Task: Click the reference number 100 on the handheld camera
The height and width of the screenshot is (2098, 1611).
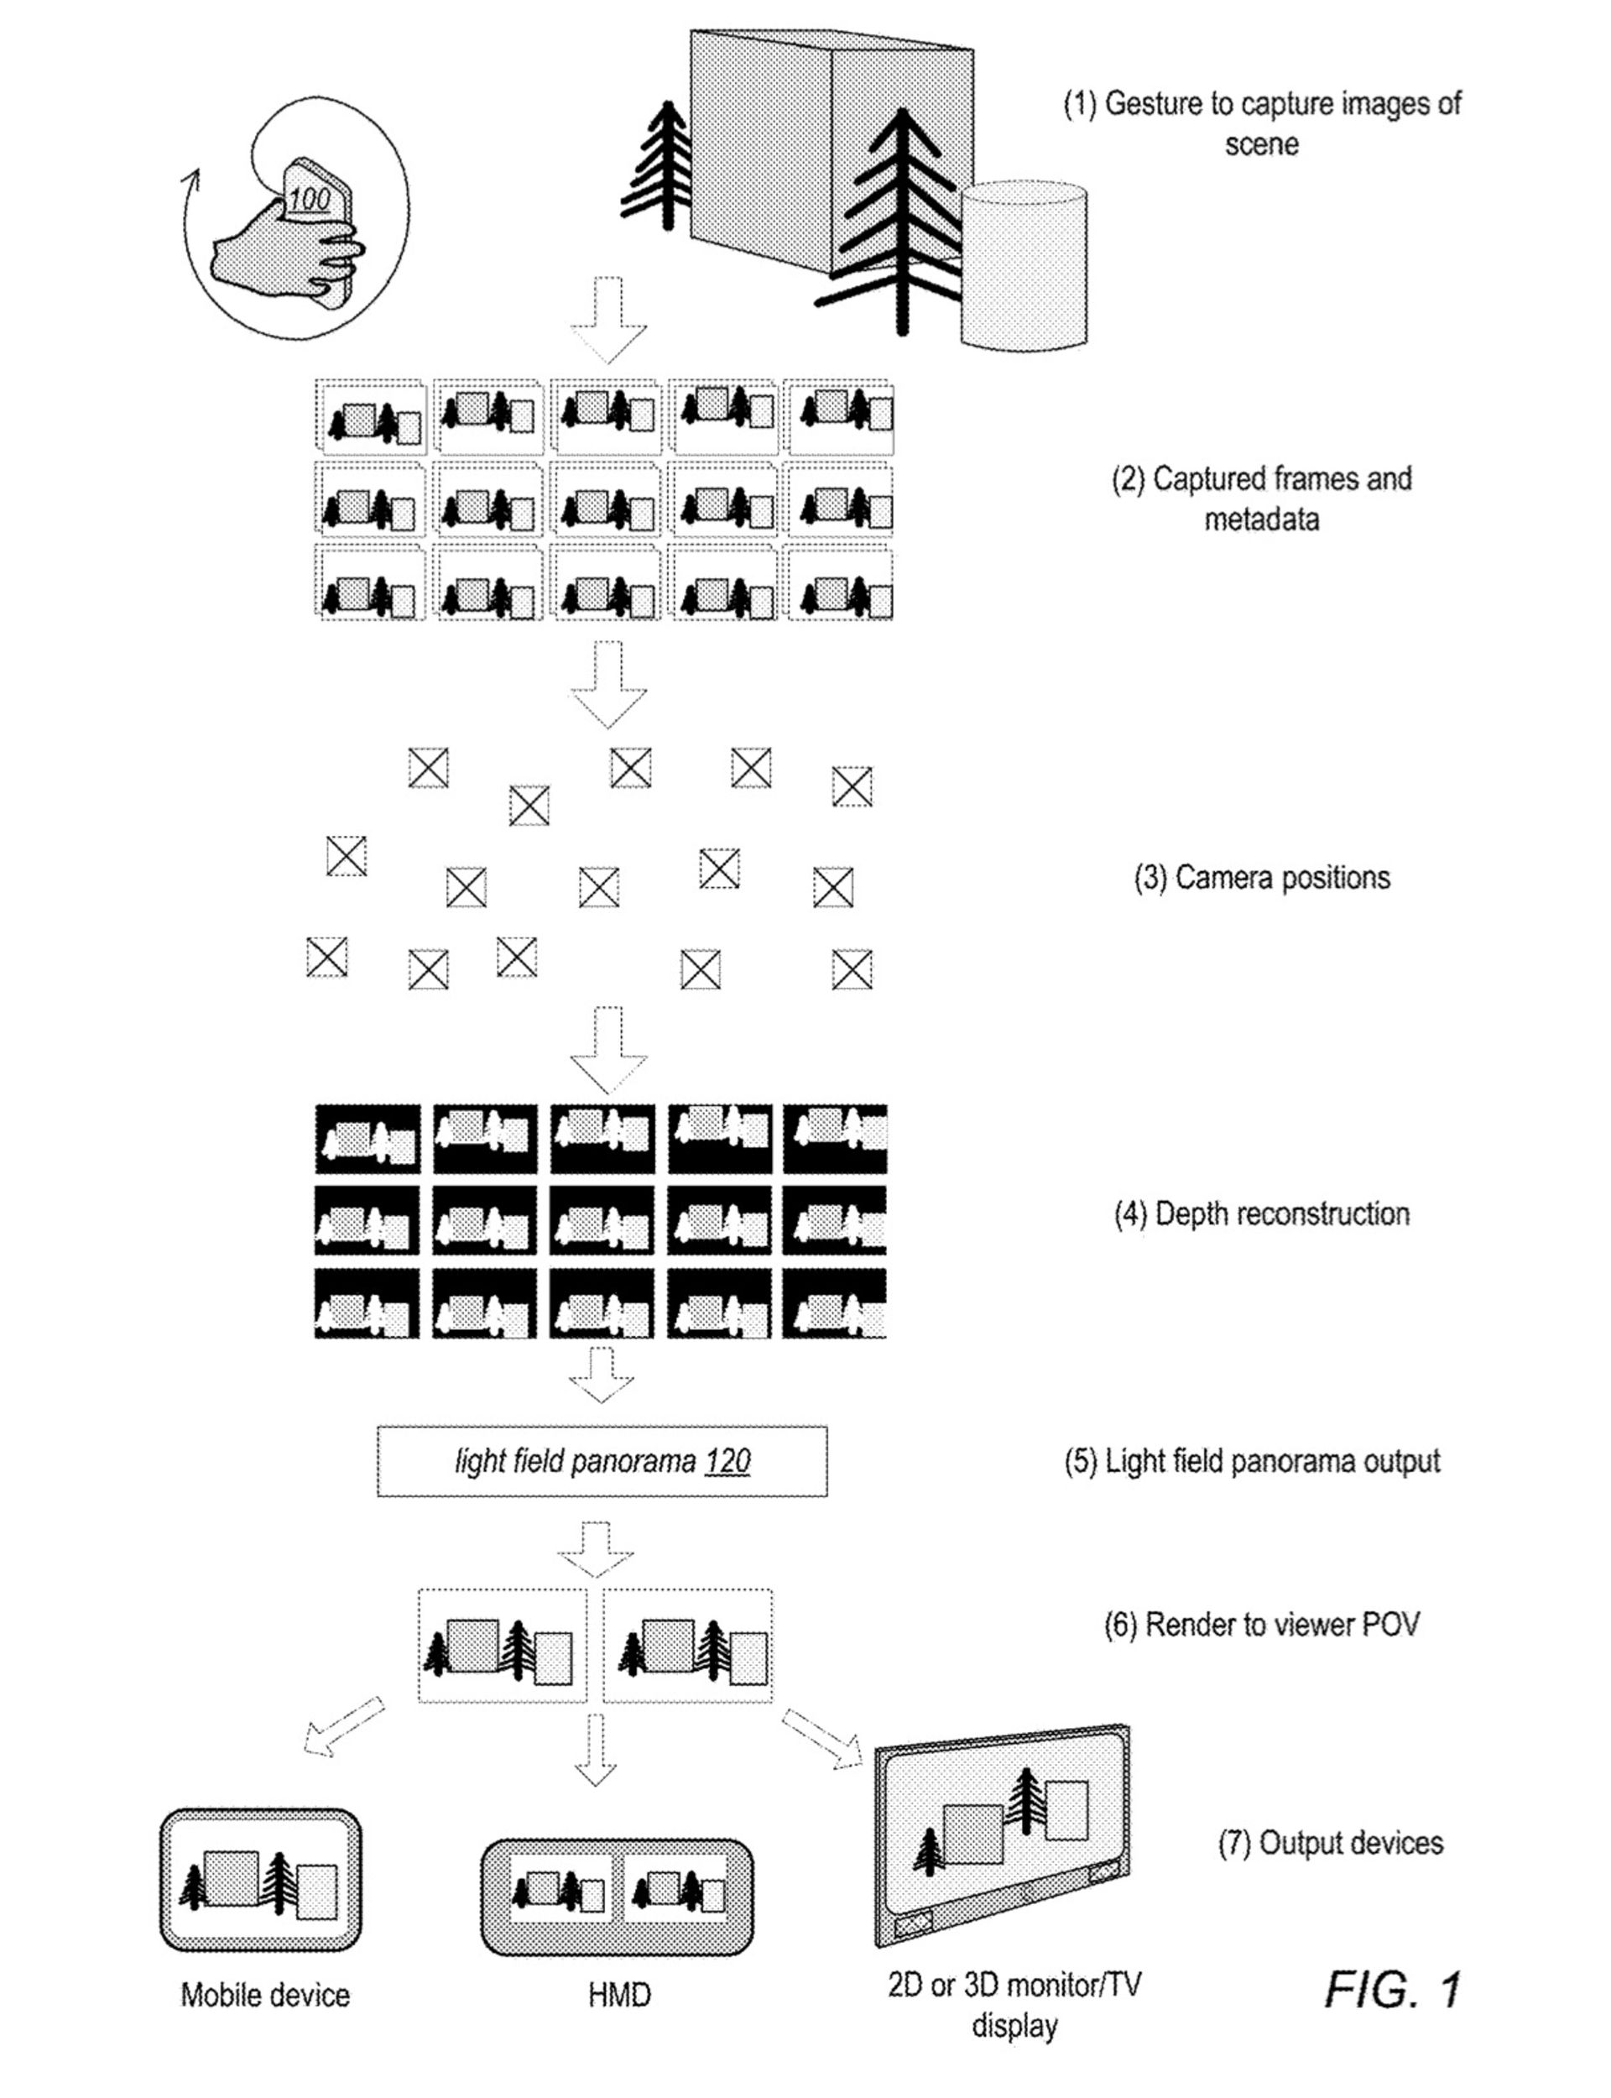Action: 309,201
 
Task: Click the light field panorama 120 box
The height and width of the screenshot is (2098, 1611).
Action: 602,1461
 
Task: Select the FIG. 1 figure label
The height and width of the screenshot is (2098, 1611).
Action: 1392,1991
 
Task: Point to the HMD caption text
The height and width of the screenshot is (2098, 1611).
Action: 618,1996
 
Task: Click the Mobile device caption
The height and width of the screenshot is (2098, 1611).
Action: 264,1996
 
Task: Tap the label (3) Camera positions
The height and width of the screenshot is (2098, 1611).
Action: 1261,877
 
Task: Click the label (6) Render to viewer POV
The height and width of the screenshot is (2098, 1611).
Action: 1261,1625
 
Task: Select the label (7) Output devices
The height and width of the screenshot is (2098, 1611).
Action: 1330,1842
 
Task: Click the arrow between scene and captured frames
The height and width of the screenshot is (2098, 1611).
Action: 608,319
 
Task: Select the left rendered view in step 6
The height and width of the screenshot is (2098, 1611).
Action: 502,1647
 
